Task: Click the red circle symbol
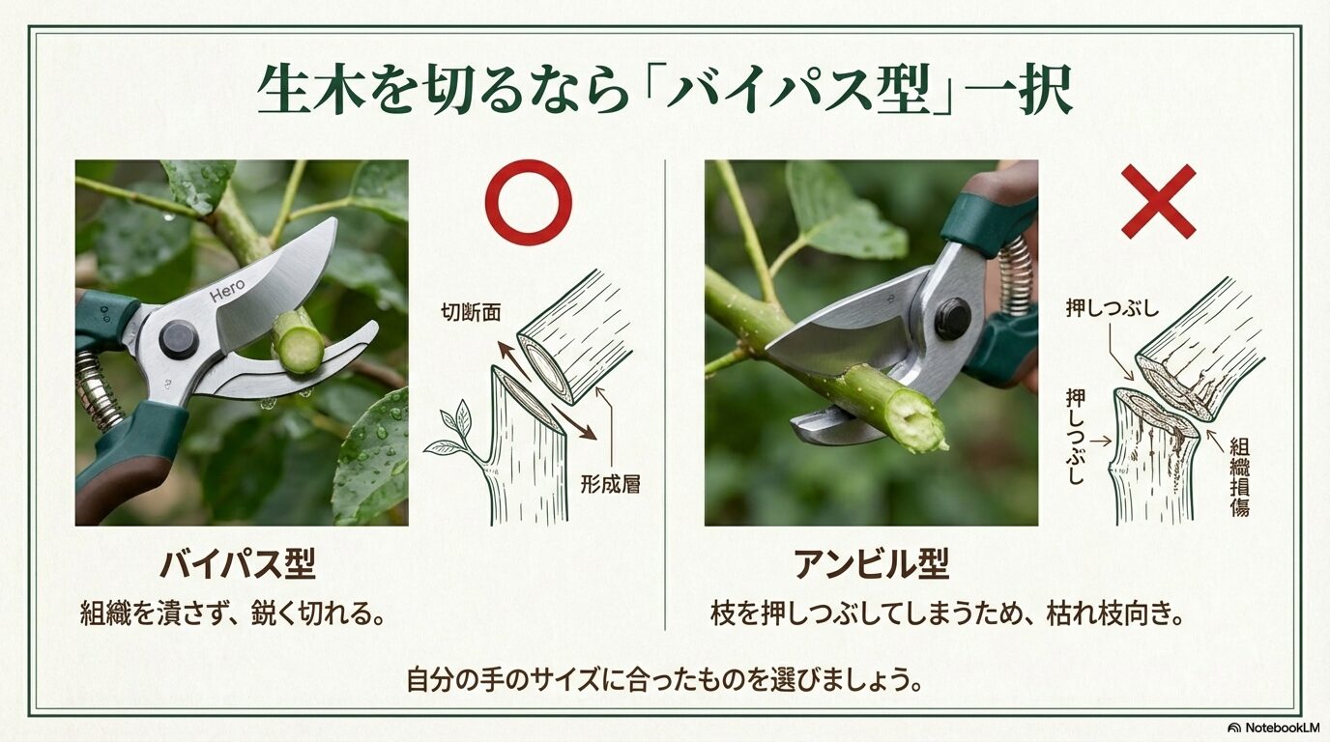tap(528, 202)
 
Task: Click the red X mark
tap(1158, 201)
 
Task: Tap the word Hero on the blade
tap(227, 288)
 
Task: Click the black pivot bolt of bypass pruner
tap(179, 339)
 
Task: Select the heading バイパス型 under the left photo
tap(238, 563)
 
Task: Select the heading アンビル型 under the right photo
tap(871, 563)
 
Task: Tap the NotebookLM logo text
tap(1274, 727)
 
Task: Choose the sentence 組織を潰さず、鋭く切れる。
tap(232, 614)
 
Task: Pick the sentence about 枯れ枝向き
tap(947, 614)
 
